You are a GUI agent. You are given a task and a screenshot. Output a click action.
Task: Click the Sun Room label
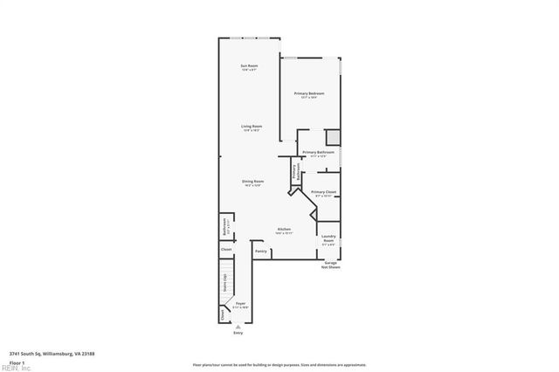click(250, 66)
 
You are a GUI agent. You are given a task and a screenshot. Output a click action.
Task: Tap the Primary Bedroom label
click(309, 94)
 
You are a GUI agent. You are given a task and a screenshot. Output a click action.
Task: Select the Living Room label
click(252, 127)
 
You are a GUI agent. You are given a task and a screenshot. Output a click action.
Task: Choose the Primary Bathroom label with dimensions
click(318, 154)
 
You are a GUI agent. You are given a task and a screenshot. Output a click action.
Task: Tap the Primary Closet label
click(323, 193)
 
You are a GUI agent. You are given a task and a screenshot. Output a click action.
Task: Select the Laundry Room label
click(328, 238)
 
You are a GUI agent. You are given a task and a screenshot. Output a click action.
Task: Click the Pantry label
click(260, 251)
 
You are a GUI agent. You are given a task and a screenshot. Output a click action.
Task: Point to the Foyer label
click(240, 305)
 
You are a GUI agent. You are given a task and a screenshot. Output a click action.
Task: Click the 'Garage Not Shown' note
click(330, 264)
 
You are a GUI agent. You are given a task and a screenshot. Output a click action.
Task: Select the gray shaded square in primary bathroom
click(332, 137)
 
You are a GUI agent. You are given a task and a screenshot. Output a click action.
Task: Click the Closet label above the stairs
click(226, 250)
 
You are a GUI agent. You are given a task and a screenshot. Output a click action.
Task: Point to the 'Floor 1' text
click(17, 362)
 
